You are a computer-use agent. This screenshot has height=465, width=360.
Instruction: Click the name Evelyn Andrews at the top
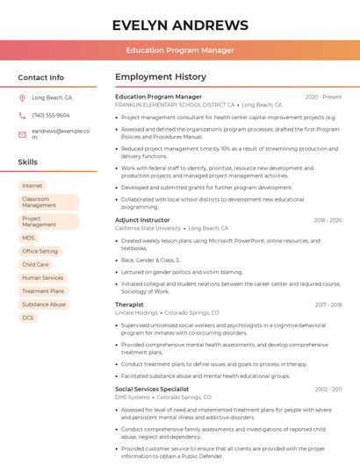tap(180, 25)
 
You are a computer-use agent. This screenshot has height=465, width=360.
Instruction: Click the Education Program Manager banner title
tap(180, 50)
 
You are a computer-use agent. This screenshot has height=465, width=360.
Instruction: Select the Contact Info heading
tap(41, 77)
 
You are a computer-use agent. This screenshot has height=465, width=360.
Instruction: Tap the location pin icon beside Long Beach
tap(22, 98)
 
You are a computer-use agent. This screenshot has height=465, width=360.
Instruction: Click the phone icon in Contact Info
tap(22, 115)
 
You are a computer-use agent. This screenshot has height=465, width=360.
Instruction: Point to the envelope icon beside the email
tap(22, 133)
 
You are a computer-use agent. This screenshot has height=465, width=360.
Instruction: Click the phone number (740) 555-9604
tap(51, 115)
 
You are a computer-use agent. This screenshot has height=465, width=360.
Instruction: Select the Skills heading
tap(27, 161)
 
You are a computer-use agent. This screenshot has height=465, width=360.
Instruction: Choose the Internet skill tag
tap(32, 186)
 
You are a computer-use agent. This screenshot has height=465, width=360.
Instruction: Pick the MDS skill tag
tap(29, 238)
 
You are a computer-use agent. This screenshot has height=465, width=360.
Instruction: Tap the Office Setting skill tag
tap(40, 251)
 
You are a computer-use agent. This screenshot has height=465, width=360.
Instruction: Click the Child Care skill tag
tap(35, 264)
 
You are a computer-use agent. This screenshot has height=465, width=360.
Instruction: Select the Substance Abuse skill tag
tap(44, 304)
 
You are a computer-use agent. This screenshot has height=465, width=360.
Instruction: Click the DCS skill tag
tap(28, 318)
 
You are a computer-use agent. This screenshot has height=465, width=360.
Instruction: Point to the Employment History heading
tap(161, 77)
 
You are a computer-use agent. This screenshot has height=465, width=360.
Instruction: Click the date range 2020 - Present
tap(323, 97)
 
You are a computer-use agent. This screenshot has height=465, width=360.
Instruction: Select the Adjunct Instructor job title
tap(142, 220)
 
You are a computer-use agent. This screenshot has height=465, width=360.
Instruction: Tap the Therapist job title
tap(129, 304)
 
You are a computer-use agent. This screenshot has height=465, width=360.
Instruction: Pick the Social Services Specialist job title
tap(152, 389)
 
